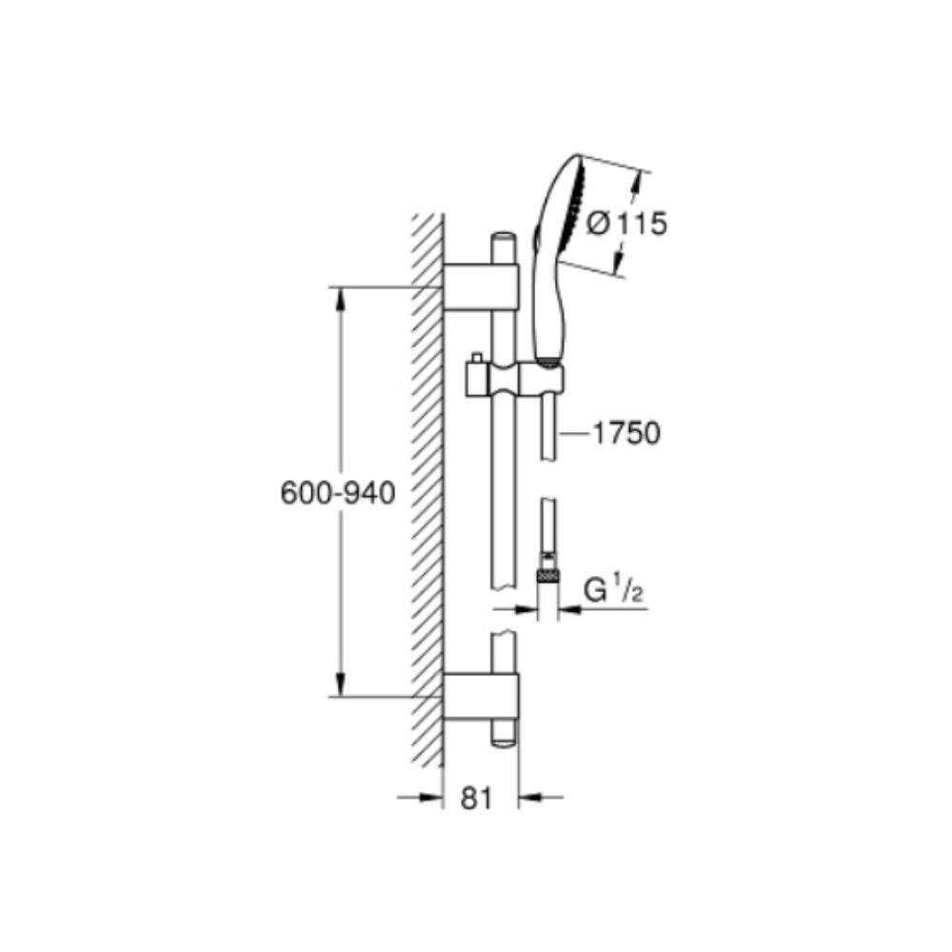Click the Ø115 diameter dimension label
coord(626,224)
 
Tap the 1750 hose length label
coord(626,433)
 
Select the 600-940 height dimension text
coord(338,493)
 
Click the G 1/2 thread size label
coord(613,590)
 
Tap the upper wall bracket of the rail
coord(481,288)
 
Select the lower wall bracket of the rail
coord(481,697)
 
